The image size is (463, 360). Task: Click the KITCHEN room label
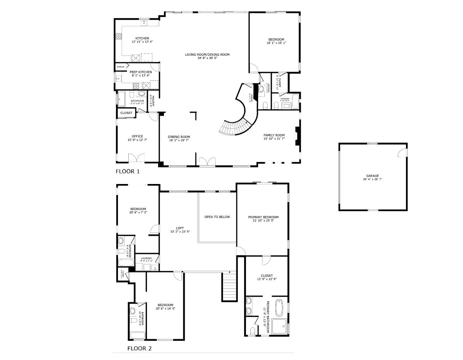[x=142, y=38]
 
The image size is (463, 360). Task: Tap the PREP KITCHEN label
[x=141, y=72]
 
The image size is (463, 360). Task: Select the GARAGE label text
[x=372, y=176]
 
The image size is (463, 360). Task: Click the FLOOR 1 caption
[x=128, y=172]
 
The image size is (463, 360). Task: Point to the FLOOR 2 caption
[x=139, y=349]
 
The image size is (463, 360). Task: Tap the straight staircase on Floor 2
[x=229, y=287]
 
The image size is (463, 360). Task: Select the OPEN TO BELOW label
[x=217, y=217]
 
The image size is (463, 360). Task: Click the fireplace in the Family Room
[x=298, y=136]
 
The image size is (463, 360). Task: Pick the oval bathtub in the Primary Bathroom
[x=279, y=308]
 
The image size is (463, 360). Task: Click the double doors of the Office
[x=136, y=158]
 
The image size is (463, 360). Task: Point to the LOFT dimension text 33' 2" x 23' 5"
[x=180, y=232]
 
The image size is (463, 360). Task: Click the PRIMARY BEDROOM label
[x=263, y=217]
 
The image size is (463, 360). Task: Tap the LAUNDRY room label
[x=146, y=258]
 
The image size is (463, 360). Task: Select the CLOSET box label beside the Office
[x=126, y=113]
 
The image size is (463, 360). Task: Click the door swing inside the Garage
[x=402, y=152]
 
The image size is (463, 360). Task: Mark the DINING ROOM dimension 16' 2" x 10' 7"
[x=179, y=140]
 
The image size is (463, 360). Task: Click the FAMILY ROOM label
[x=274, y=135]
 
